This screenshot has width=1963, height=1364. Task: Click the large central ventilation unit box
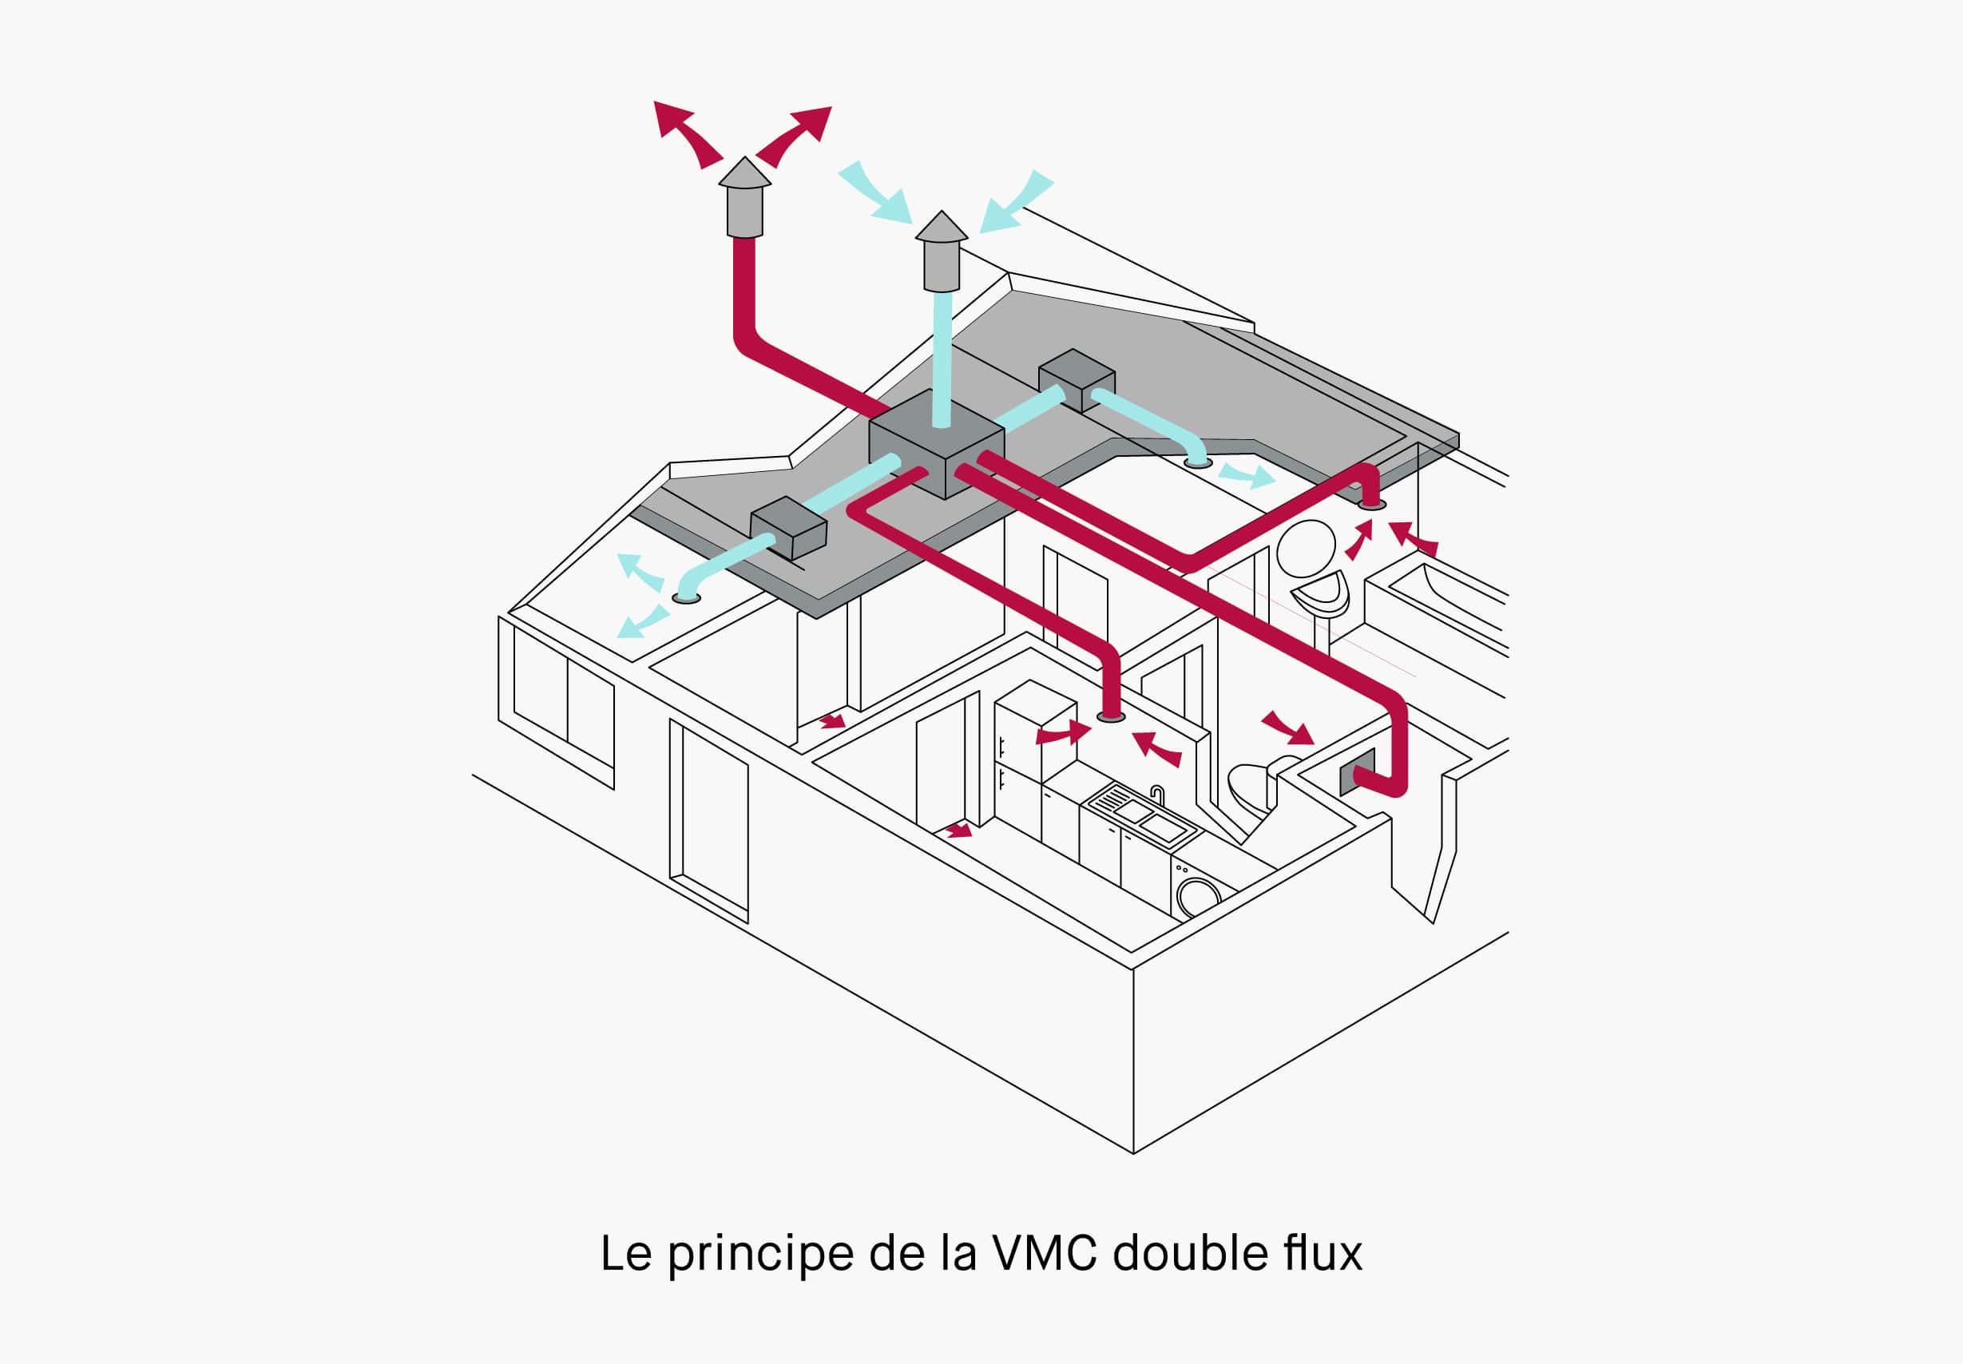[936, 444]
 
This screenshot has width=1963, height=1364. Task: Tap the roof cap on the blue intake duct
[941, 252]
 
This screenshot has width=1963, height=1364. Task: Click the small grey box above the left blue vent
[788, 526]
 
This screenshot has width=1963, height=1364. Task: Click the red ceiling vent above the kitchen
[1110, 717]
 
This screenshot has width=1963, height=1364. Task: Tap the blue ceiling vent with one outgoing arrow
[1198, 462]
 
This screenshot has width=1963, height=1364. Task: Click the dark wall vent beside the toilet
[1357, 771]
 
